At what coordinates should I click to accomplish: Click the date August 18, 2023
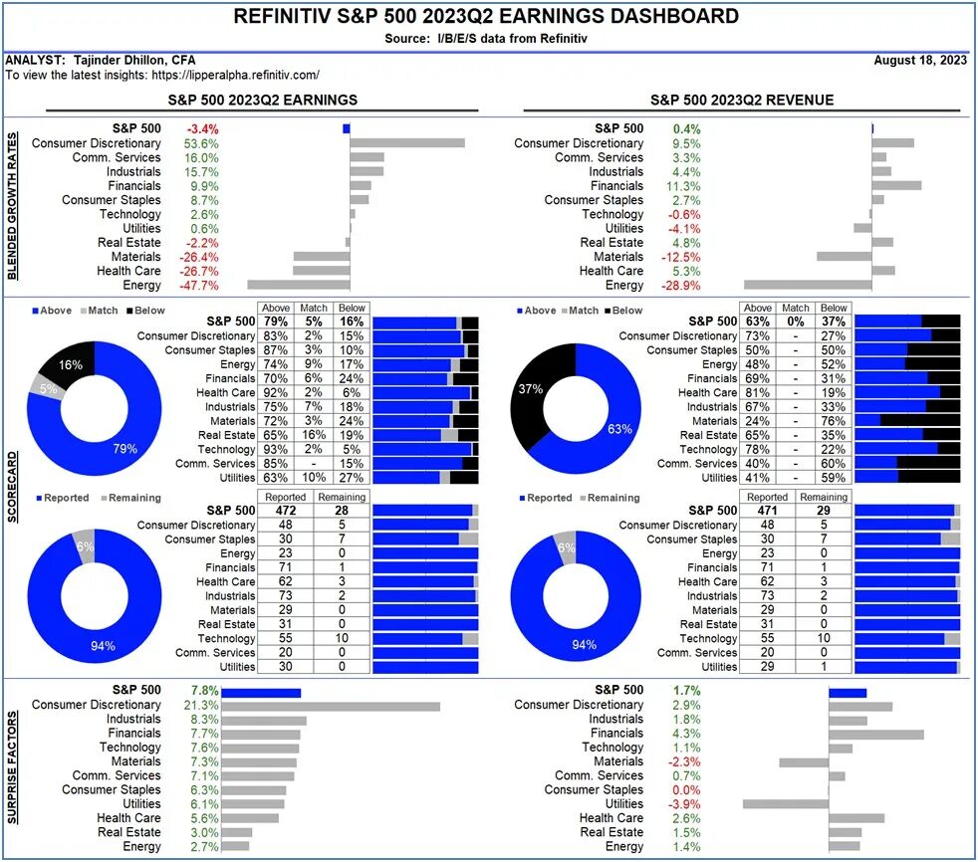pyautogui.click(x=919, y=60)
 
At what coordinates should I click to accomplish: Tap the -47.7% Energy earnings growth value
pyautogui.click(x=202, y=286)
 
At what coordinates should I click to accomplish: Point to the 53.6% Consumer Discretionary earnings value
pyautogui.click(x=201, y=143)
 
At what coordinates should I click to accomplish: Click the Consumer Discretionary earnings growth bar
pyautogui.click(x=407, y=143)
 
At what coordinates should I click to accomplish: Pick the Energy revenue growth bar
pyautogui.click(x=808, y=286)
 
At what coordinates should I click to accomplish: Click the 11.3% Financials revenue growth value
pyautogui.click(x=685, y=186)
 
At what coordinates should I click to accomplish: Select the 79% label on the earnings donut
pyautogui.click(x=124, y=449)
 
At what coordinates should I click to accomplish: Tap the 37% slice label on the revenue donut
pyautogui.click(x=529, y=387)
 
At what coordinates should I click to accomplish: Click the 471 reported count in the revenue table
pyautogui.click(x=767, y=511)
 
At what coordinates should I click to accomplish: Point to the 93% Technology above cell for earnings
pyautogui.click(x=272, y=450)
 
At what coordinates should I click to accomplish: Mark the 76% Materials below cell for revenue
pyautogui.click(x=835, y=421)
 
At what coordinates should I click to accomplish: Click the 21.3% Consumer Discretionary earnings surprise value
pyautogui.click(x=202, y=705)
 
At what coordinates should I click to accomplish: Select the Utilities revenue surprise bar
pyautogui.click(x=786, y=803)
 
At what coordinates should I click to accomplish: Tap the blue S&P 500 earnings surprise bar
pyautogui.click(x=261, y=693)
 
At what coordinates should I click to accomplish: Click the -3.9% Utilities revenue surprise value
pyautogui.click(x=685, y=803)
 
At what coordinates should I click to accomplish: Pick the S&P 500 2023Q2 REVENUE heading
pyautogui.click(x=742, y=101)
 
